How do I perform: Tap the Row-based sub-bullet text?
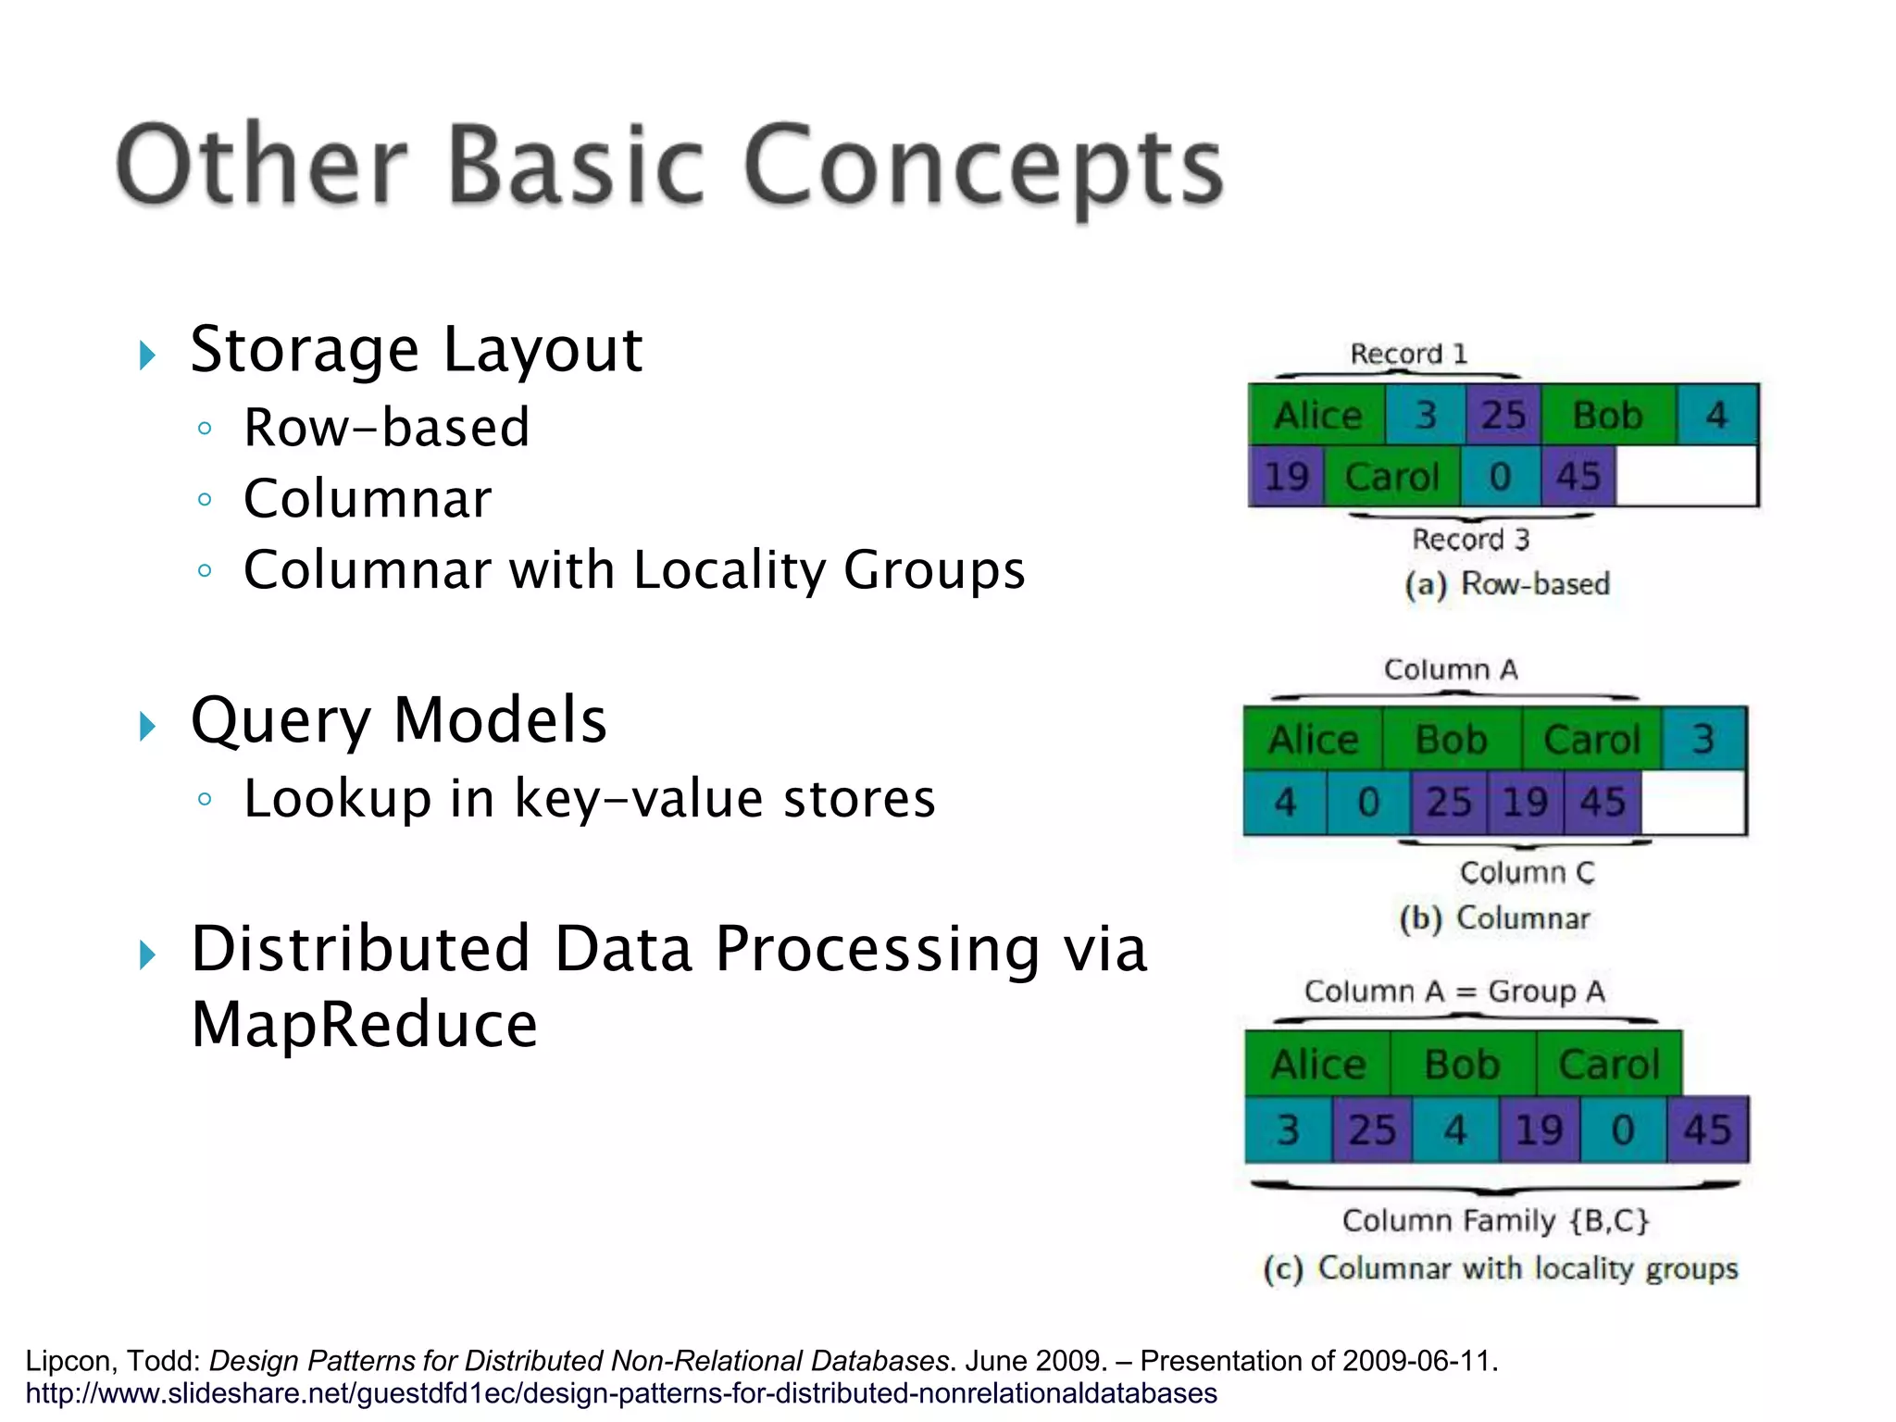pyautogui.click(x=386, y=428)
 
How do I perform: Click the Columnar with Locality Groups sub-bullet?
pyautogui.click(x=634, y=569)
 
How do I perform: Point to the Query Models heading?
pyautogui.click(x=398, y=720)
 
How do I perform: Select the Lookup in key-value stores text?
pyautogui.click(x=589, y=798)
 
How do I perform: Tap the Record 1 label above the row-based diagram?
pyautogui.click(x=1408, y=354)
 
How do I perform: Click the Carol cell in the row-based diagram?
pyautogui.click(x=1391, y=477)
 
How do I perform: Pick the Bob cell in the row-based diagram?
pyautogui.click(x=1607, y=415)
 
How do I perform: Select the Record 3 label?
pyautogui.click(x=1470, y=539)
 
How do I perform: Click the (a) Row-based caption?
pyautogui.click(x=1507, y=584)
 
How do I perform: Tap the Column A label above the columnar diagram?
pyautogui.click(x=1451, y=669)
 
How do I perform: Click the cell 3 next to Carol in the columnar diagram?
pyautogui.click(x=1703, y=739)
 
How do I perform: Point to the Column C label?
pyautogui.click(x=1527, y=872)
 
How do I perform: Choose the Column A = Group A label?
pyautogui.click(x=1454, y=992)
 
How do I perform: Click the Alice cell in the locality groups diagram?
pyautogui.click(x=1317, y=1064)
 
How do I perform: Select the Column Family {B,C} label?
pyautogui.click(x=1495, y=1220)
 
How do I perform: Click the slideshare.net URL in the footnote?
pyautogui.click(x=620, y=1393)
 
